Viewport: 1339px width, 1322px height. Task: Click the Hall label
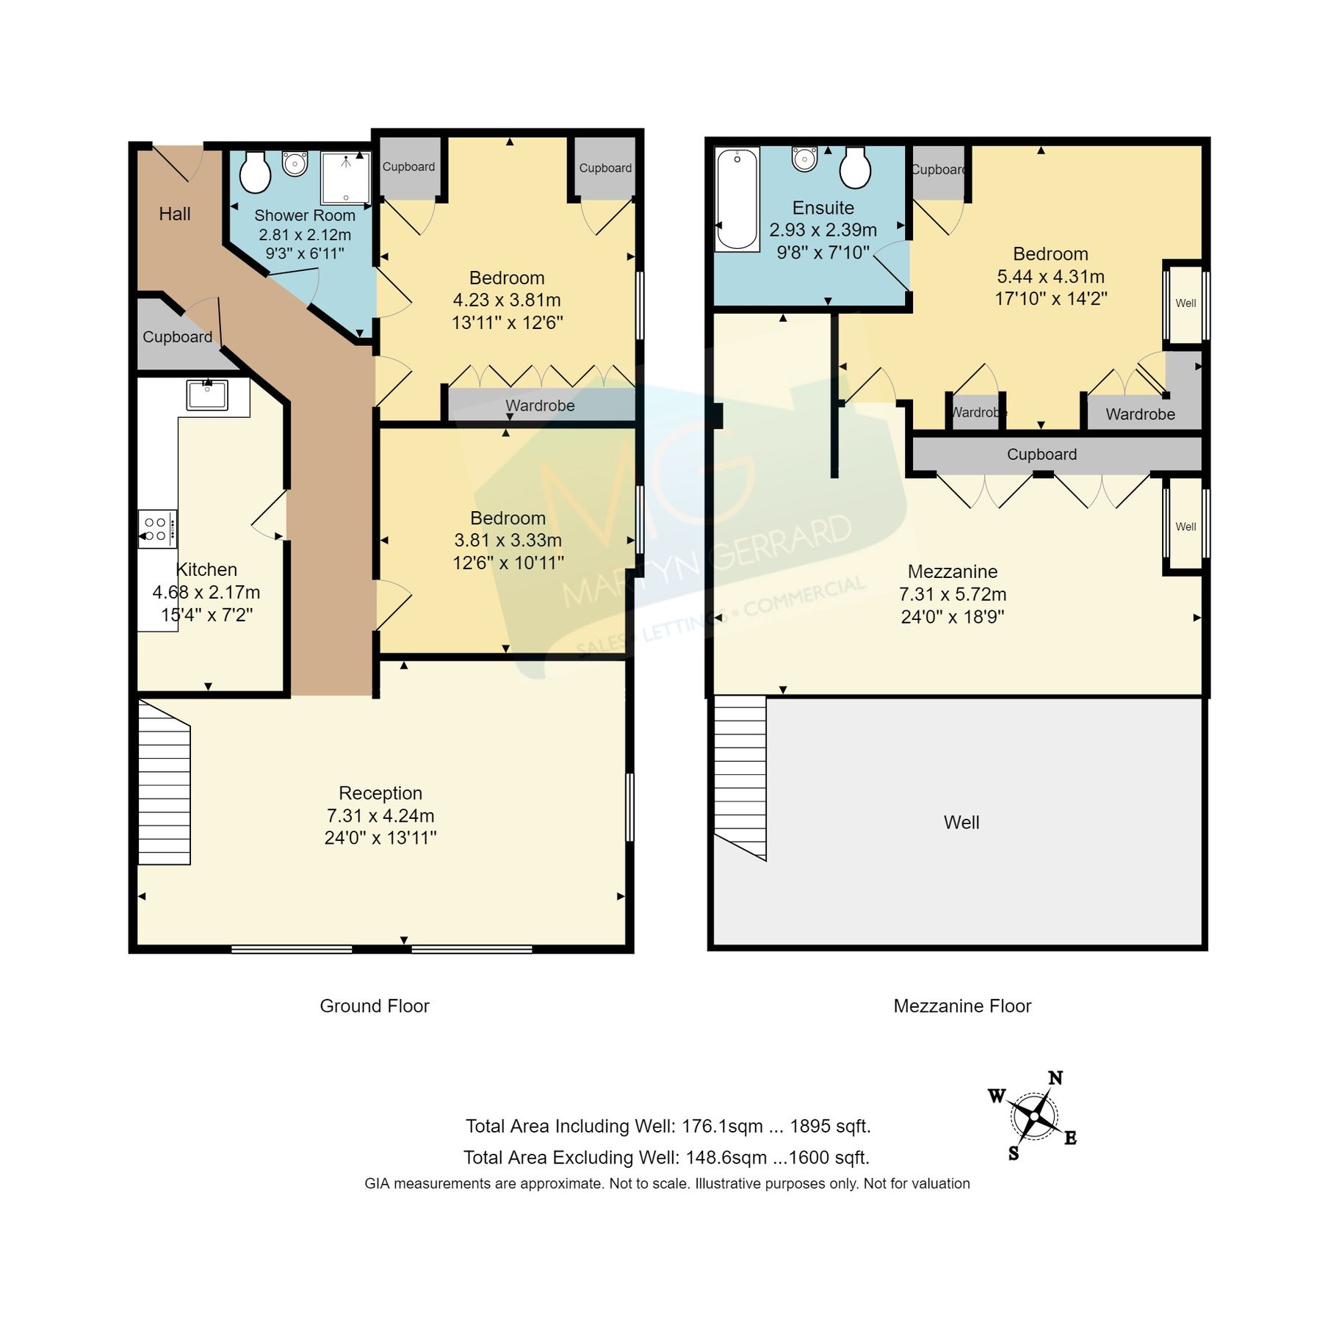174,214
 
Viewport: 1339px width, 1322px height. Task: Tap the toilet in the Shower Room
255,173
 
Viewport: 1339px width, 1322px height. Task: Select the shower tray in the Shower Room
345,178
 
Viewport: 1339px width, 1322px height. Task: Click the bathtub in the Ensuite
737,198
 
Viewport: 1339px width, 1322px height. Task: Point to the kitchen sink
206,395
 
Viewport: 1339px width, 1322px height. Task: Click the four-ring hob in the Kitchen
157,529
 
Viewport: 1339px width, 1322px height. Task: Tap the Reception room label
380,793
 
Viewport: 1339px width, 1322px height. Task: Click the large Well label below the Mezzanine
961,823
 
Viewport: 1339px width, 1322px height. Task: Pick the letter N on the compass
1055,1078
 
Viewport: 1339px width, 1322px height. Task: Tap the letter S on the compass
1014,1153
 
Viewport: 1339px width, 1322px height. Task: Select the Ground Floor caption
374,1006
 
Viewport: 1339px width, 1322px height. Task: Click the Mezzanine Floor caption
961,1006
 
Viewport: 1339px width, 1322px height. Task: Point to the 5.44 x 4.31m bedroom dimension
1050,277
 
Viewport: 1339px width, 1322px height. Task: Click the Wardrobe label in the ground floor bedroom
540,405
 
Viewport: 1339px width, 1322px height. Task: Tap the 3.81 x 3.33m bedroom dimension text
508,541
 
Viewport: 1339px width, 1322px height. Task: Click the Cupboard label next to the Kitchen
177,337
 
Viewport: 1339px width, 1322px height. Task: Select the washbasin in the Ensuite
804,158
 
